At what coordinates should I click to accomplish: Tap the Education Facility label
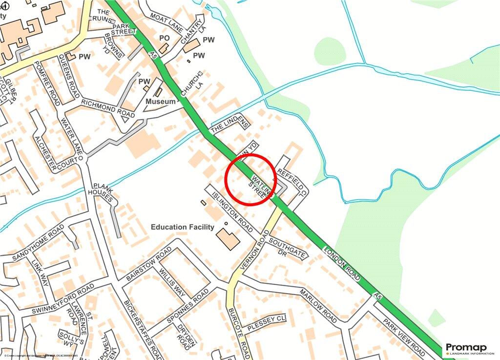[182, 227]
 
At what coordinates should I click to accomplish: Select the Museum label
[161, 102]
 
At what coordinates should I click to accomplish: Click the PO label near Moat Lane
[165, 38]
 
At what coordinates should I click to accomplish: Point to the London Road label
[342, 264]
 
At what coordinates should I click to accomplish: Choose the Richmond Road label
[107, 107]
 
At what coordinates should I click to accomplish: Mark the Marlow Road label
[318, 306]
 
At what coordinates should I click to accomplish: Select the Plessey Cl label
[266, 324]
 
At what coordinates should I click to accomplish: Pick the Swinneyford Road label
[63, 298]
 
